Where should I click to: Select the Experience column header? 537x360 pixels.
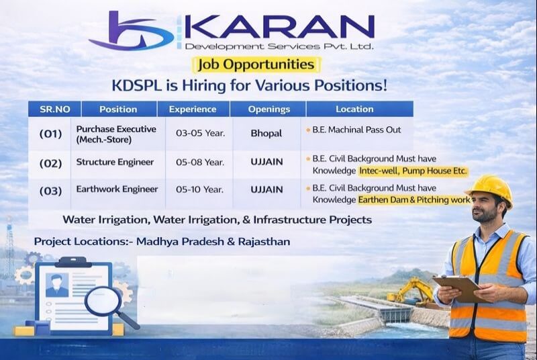[x=193, y=109]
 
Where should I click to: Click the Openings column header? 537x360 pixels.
[x=268, y=109]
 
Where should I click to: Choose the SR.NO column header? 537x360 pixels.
[x=54, y=109]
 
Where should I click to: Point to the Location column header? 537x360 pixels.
[x=354, y=109]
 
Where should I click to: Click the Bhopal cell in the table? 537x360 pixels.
[x=266, y=134]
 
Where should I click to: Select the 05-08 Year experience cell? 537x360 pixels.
[x=200, y=162]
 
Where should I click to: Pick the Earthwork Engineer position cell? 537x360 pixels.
[x=117, y=189]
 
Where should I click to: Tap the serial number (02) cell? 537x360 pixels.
[x=50, y=163]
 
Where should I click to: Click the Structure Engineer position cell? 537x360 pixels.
[x=115, y=162]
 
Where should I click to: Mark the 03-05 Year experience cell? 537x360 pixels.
[x=200, y=134]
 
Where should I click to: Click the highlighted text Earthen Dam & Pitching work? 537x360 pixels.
[x=414, y=199]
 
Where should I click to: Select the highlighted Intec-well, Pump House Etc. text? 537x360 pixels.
[x=413, y=171]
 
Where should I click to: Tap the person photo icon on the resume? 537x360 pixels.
[x=56, y=285]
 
